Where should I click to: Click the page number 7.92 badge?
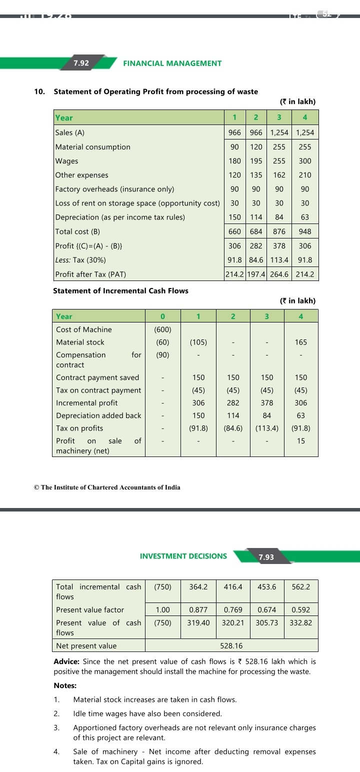(81, 63)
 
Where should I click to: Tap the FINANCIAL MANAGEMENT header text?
(172, 63)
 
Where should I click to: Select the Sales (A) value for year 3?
(279, 133)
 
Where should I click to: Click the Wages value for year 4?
(304, 161)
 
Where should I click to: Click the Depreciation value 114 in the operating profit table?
(256, 217)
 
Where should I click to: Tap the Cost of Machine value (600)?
(162, 329)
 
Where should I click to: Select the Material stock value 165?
(301, 342)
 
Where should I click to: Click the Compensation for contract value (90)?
(162, 355)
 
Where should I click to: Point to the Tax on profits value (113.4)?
(267, 428)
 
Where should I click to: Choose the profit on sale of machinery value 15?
(301, 441)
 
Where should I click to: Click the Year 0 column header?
(162, 316)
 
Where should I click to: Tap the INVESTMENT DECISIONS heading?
(183, 556)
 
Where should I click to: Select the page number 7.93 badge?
(265, 557)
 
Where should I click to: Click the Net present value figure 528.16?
(231, 646)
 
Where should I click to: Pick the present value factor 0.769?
(232, 610)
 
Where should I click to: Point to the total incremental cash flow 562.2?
(301, 587)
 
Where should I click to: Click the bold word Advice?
(66, 661)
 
